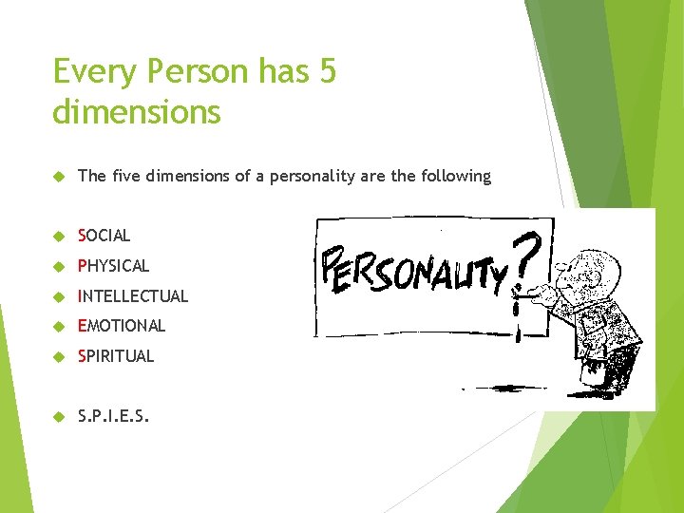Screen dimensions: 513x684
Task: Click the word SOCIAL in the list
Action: point(104,235)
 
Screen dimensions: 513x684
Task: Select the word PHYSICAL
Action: point(114,265)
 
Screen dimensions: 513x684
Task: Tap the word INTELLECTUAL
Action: point(133,295)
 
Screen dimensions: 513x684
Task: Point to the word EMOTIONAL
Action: point(122,326)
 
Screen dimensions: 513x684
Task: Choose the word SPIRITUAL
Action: point(116,356)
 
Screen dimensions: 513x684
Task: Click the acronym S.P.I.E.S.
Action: point(113,414)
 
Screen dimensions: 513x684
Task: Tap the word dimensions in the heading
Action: point(137,112)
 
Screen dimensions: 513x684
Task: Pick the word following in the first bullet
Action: point(456,176)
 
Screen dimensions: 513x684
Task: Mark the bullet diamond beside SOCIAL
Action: point(58,236)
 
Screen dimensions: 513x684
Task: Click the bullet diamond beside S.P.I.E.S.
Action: point(58,415)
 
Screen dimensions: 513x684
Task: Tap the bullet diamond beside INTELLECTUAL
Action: point(58,296)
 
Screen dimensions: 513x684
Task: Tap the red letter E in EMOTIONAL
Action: point(82,326)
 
